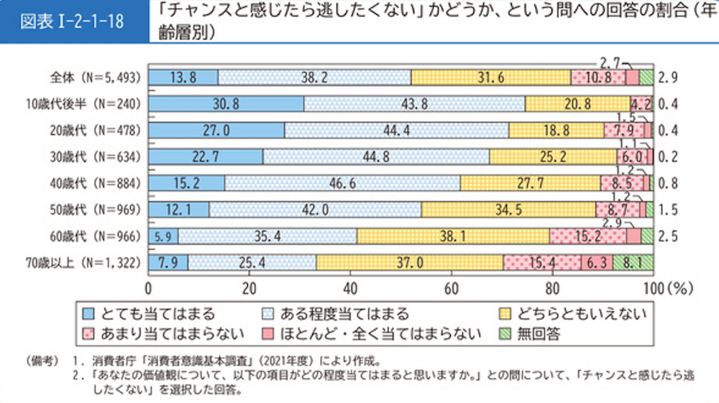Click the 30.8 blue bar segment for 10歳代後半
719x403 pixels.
(x=226, y=103)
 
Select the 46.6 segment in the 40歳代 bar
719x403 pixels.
(x=342, y=182)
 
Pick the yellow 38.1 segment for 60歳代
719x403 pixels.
(x=453, y=236)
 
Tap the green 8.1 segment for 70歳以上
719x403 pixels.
(x=633, y=262)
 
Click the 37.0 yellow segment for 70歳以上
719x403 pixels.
(x=409, y=262)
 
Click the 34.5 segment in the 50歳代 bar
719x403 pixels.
(x=508, y=209)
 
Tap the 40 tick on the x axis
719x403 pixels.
(x=350, y=289)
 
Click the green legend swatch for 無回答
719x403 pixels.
(x=504, y=333)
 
